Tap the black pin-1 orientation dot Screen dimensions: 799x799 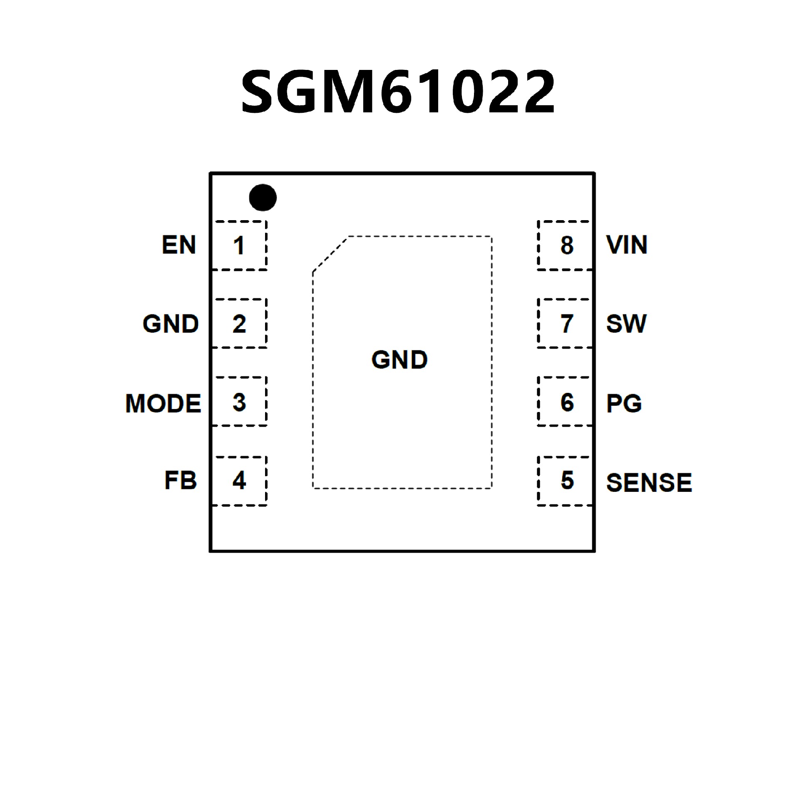coord(263,197)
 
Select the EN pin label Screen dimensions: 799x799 coord(179,245)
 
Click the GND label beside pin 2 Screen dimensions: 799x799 coord(171,324)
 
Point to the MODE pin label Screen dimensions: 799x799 coord(163,403)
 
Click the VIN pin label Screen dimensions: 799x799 coord(627,245)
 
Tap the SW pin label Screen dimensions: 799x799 coord(626,324)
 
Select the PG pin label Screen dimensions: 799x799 coord(624,403)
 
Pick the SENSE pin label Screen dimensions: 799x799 coord(649,483)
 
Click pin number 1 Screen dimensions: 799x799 coord(238,246)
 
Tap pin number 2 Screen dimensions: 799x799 coord(239,324)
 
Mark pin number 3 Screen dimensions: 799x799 coord(239,402)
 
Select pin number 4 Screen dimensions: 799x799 coord(239,480)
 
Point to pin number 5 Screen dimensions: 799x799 coord(567,480)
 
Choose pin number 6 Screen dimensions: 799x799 coord(567,402)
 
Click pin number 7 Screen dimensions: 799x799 coord(567,324)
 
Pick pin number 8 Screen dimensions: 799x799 coord(567,246)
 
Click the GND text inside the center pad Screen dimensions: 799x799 coord(399,360)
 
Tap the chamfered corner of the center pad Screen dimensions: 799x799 coord(330,254)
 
